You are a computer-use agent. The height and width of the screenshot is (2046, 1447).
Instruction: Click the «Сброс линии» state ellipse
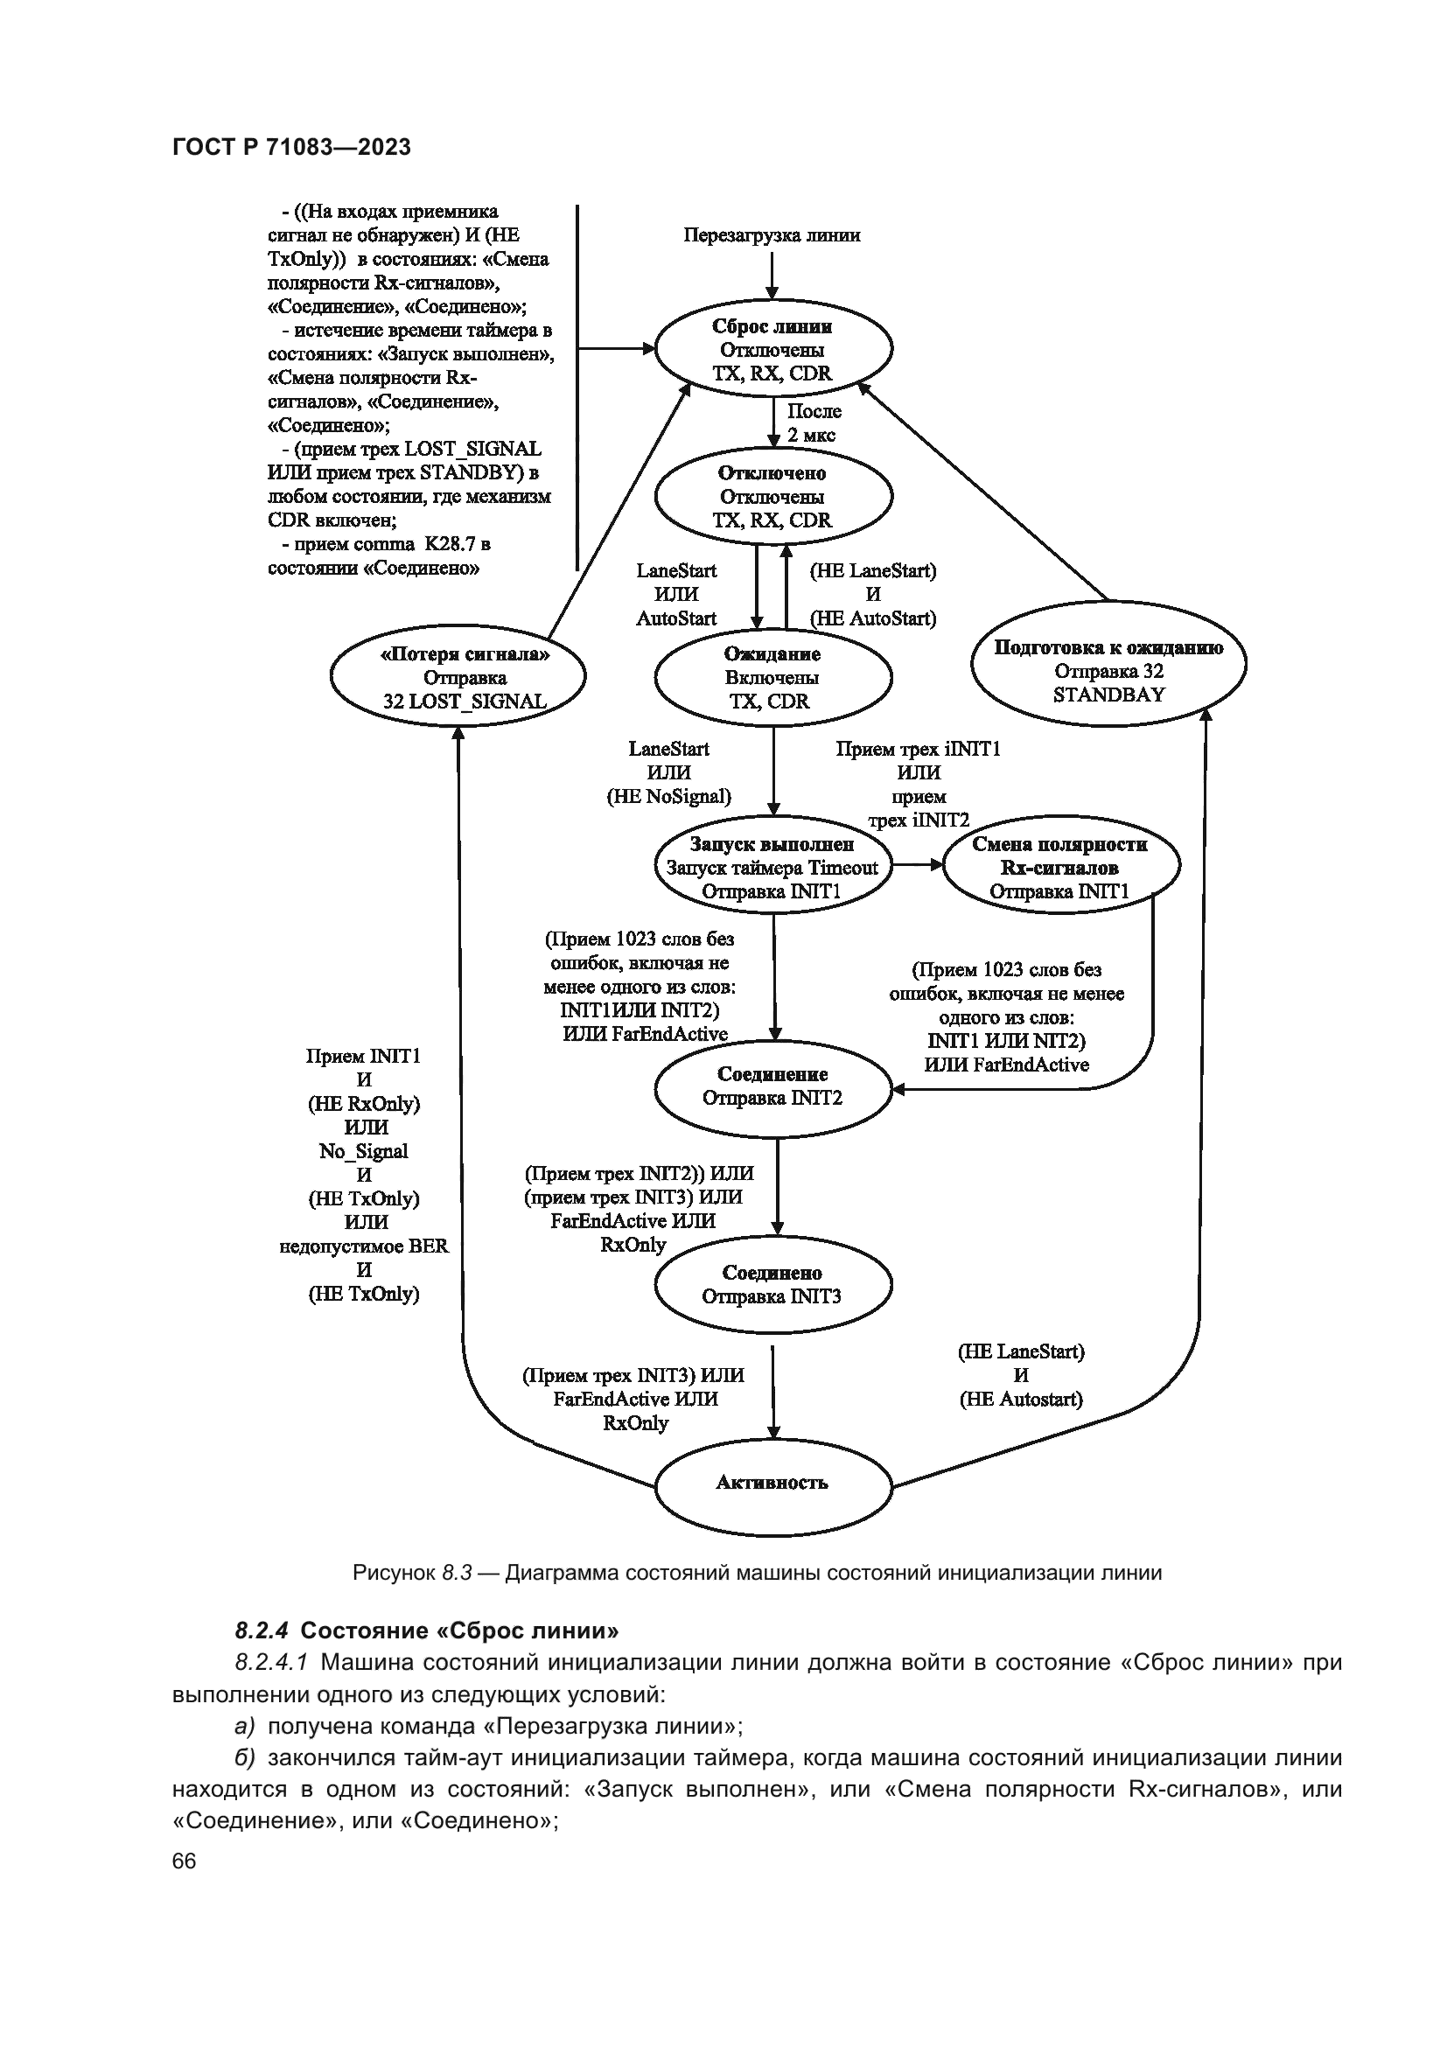[772, 349]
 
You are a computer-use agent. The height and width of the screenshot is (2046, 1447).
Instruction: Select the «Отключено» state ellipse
[772, 496]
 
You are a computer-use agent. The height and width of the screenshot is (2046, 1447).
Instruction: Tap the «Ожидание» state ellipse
[772, 677]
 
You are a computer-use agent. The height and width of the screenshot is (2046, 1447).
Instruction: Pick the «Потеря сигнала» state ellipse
[458, 677]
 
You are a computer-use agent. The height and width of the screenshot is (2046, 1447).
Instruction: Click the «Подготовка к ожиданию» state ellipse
[1108, 664]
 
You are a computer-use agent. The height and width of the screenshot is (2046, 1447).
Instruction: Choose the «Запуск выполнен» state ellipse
[772, 867]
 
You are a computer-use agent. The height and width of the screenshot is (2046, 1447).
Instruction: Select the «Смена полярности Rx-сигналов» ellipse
[1060, 867]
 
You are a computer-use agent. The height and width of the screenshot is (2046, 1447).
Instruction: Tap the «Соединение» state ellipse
[772, 1087]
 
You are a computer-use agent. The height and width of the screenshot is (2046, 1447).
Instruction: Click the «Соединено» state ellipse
[772, 1285]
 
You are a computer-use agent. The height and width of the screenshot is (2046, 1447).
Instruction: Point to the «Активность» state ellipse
[772, 1483]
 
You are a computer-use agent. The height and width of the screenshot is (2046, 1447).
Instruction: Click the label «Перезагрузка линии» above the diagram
[772, 235]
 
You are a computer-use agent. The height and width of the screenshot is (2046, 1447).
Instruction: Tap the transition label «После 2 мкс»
[813, 423]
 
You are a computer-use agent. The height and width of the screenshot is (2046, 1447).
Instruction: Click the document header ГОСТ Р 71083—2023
[291, 148]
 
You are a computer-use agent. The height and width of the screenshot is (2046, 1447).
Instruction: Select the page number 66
[184, 1861]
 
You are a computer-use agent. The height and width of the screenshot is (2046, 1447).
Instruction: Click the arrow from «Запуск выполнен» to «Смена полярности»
[918, 864]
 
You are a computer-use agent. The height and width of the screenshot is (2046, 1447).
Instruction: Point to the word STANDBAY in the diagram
[1108, 695]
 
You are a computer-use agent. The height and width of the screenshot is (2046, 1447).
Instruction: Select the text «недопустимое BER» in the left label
[364, 1246]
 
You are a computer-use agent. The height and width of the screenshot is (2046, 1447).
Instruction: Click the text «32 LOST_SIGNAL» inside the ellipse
[465, 702]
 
